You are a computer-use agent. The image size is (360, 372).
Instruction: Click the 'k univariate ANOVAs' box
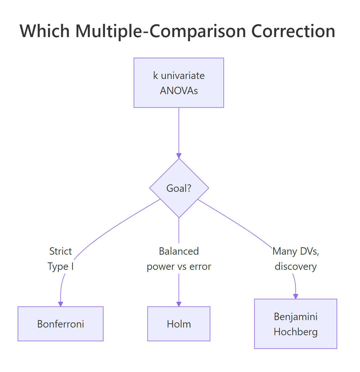coord(179,83)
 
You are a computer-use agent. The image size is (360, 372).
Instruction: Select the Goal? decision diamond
coord(179,188)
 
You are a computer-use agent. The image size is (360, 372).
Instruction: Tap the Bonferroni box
coord(61,324)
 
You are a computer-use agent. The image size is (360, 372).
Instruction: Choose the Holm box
coord(179,324)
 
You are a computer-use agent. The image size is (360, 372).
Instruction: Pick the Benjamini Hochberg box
coord(296,324)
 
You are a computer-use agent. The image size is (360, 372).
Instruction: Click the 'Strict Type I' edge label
coord(61,259)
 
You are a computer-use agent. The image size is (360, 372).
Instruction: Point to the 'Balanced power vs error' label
coord(179,259)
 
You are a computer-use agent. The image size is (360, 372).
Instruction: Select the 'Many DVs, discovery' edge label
coord(296,259)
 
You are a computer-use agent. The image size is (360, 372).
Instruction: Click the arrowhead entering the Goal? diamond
coord(179,156)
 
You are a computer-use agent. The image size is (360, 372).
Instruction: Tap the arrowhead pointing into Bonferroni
coord(61,304)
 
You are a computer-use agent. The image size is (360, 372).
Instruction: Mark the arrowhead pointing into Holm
coord(179,304)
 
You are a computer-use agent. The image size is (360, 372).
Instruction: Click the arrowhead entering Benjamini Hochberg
coord(296,297)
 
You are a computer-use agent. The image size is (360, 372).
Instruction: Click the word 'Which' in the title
coord(45,31)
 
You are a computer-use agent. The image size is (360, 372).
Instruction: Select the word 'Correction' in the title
coord(293,31)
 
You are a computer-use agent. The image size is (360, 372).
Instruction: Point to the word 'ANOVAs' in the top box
coord(179,91)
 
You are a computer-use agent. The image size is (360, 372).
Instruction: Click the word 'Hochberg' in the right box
coord(296,332)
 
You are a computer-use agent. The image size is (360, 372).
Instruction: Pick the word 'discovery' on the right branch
coord(296,267)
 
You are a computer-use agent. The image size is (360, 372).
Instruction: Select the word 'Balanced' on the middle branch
coord(179,251)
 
